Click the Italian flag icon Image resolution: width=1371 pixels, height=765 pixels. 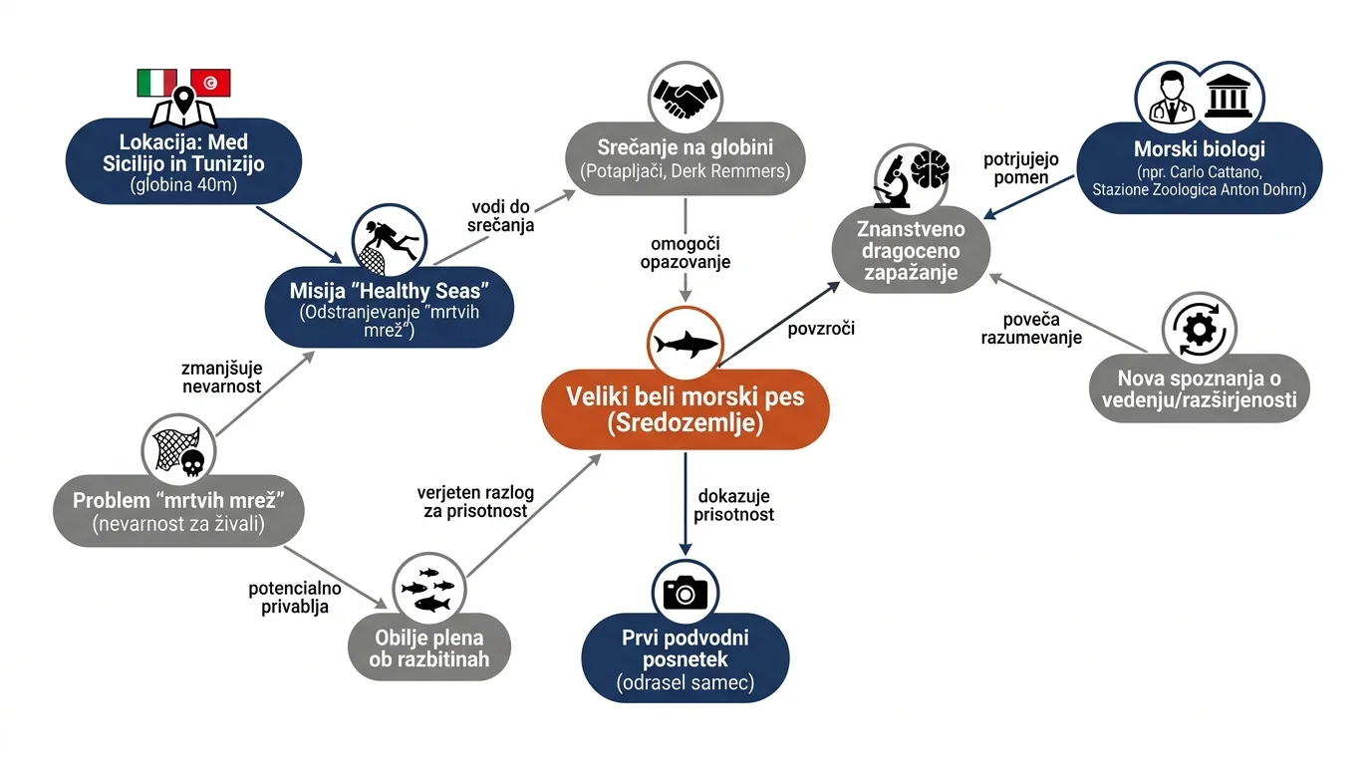(156, 83)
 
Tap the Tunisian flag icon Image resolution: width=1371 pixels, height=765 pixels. (210, 83)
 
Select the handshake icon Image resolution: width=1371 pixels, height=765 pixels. (685, 99)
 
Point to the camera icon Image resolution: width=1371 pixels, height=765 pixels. (685, 592)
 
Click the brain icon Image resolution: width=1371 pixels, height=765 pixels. (931, 169)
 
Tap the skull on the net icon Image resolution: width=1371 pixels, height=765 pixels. (193, 463)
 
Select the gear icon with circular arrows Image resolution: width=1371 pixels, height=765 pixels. (1199, 331)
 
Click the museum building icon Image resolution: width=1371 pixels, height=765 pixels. (1228, 96)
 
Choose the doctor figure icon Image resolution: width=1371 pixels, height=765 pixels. (1172, 97)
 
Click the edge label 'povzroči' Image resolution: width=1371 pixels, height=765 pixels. (821, 329)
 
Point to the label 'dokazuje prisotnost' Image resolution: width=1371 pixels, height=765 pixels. (734, 505)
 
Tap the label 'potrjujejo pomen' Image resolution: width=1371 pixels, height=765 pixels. (1021, 168)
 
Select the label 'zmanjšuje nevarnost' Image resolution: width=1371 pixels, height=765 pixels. (221, 377)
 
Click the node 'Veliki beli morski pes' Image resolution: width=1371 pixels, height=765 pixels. (685, 408)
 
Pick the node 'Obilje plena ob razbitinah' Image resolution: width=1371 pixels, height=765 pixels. (429, 647)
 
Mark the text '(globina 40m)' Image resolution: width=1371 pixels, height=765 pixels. (183, 185)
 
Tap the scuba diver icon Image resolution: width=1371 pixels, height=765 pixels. (390, 241)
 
